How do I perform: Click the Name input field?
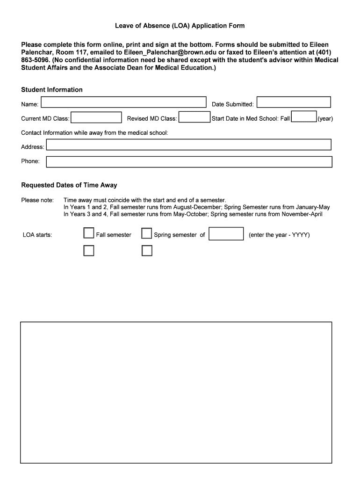tap(124, 102)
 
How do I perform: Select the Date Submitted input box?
tap(294, 102)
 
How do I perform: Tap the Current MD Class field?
tap(96, 117)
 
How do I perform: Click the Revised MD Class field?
tap(194, 117)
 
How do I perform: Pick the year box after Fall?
tap(304, 117)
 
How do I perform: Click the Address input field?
tap(189, 145)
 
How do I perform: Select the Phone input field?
tap(189, 162)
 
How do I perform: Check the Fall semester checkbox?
tap(89, 233)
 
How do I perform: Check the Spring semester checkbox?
tap(147, 233)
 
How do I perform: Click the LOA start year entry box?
tap(226, 233)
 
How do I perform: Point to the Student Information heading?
tap(52, 90)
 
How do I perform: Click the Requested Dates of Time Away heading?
tap(69, 185)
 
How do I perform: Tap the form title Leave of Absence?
tap(180, 26)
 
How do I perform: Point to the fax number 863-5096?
tap(36, 60)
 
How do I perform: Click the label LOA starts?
tap(37, 235)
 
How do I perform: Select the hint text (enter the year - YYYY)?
tap(279, 235)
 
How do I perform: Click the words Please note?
tap(37, 200)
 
